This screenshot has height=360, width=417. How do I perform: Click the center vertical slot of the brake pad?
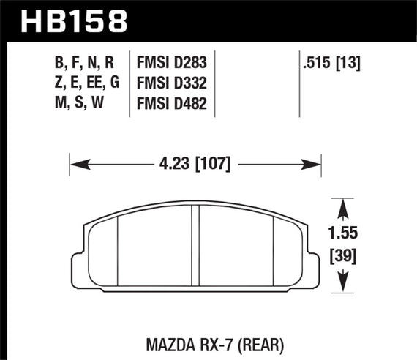[195, 246]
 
